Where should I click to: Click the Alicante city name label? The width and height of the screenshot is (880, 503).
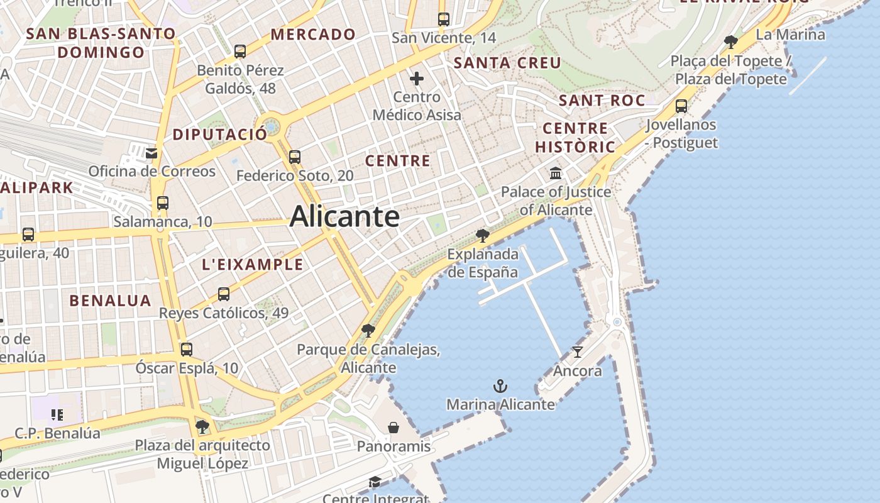tap(344, 217)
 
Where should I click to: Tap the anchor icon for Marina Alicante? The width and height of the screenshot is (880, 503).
tap(500, 386)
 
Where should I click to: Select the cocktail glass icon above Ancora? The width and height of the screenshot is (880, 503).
tap(578, 352)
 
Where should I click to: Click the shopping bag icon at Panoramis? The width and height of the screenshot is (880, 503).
tap(393, 428)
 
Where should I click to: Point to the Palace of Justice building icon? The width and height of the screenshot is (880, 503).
tap(556, 173)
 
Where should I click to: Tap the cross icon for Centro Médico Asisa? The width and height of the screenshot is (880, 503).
tap(417, 79)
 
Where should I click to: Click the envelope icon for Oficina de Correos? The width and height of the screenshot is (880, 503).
tap(151, 153)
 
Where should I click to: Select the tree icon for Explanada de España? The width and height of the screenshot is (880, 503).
tap(483, 236)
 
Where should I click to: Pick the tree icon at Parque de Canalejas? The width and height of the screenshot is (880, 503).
tap(368, 331)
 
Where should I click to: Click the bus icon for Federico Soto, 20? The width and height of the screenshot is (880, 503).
tap(295, 157)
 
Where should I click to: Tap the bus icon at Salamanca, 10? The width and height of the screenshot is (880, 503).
tap(163, 203)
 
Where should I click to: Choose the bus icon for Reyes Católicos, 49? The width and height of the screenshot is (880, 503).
tap(224, 294)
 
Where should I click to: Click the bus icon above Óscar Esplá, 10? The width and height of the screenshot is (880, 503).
tap(187, 350)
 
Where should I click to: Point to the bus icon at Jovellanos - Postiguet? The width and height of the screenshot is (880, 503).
tap(681, 106)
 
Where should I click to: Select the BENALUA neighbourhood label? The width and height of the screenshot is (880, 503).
tap(111, 301)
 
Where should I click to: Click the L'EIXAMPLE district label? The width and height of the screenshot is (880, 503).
tap(253, 265)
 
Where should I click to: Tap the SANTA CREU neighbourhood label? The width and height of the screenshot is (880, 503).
tap(507, 63)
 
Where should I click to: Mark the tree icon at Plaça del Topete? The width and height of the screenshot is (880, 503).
tap(730, 42)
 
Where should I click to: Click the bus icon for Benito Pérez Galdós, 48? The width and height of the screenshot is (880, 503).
tap(240, 52)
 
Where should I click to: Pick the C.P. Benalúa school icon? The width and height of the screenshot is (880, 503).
tap(57, 415)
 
